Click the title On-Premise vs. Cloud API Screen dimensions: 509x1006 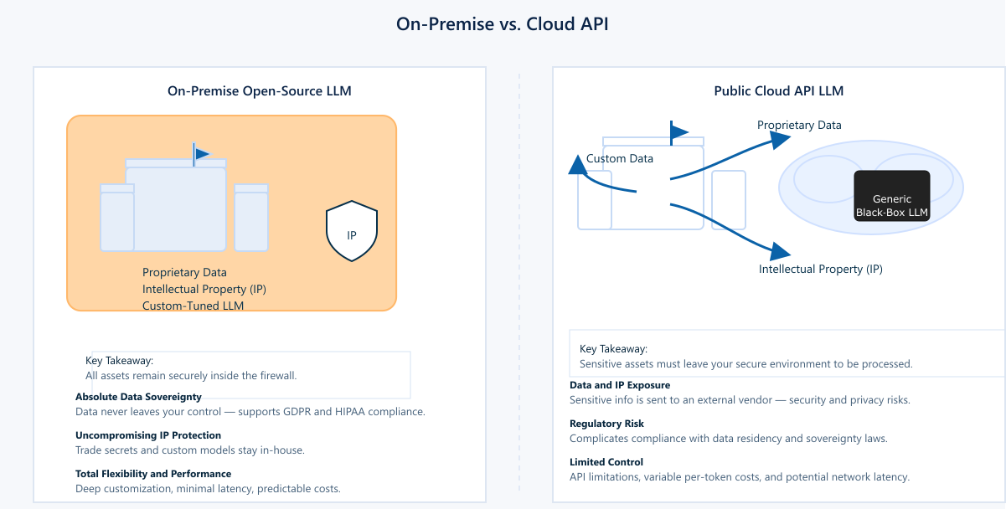click(x=503, y=24)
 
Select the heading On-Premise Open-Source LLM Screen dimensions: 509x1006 click(x=259, y=91)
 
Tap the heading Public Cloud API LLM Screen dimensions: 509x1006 click(x=778, y=91)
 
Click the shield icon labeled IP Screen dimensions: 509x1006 click(x=352, y=232)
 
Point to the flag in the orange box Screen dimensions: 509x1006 click(x=202, y=153)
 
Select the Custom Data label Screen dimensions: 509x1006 click(x=620, y=158)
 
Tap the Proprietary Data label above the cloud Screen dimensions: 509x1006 click(x=799, y=126)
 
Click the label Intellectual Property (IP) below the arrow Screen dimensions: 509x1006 click(x=821, y=270)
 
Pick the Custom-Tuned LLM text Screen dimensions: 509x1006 click(x=193, y=306)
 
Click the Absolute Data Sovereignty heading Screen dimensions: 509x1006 click(x=138, y=397)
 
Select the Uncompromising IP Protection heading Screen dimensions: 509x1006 click(x=148, y=435)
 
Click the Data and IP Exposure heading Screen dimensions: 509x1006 click(x=620, y=385)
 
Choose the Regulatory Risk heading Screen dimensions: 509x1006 click(x=606, y=424)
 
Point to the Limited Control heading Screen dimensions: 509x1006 click(x=606, y=462)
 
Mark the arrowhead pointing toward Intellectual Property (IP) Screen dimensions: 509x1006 click(x=781, y=250)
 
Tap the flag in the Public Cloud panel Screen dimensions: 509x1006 click(x=678, y=132)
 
